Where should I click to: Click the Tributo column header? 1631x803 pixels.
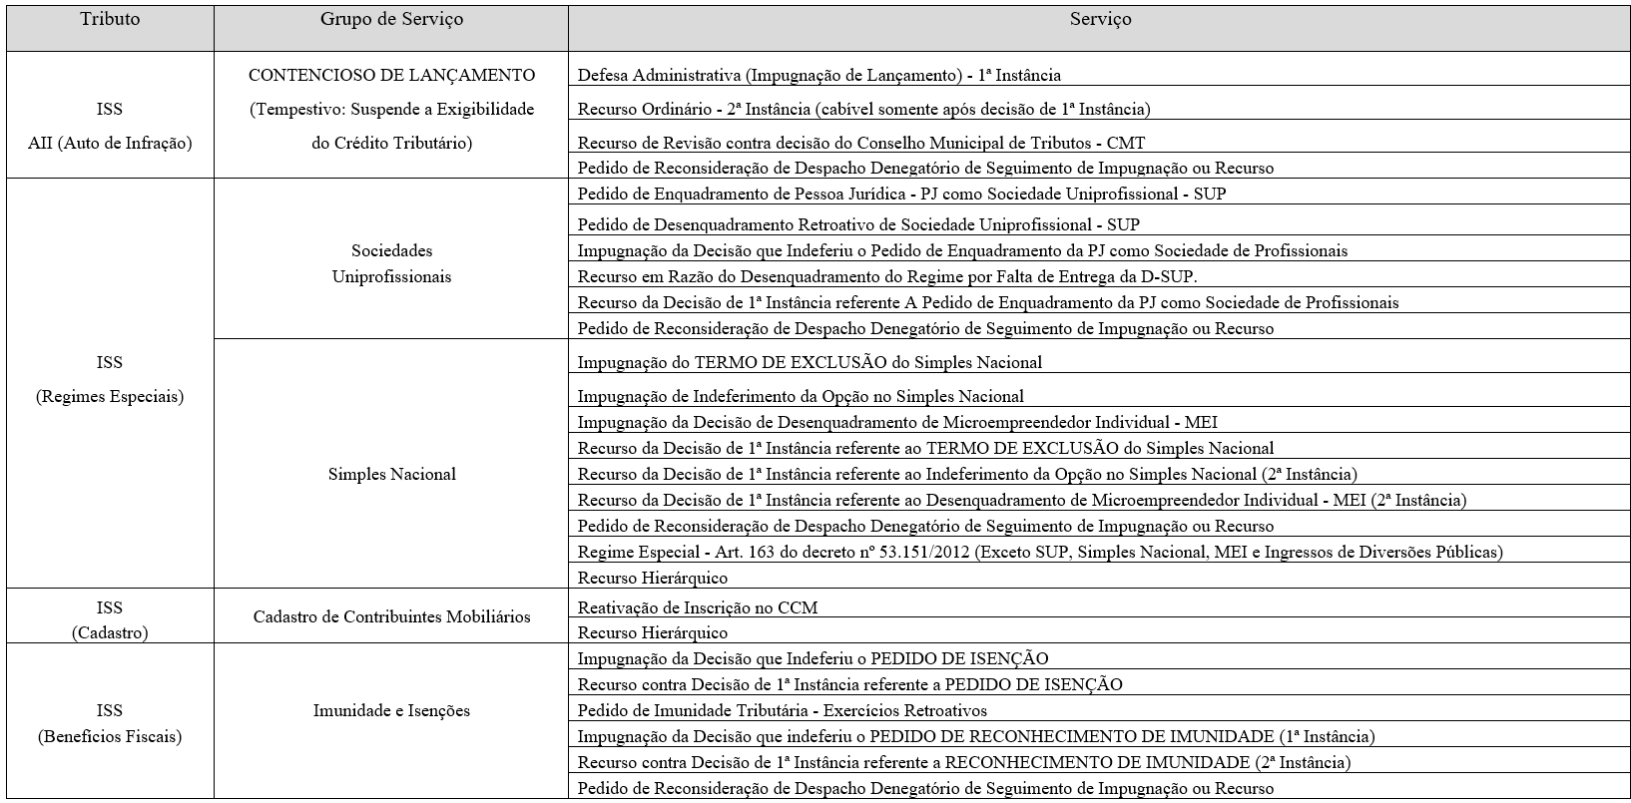point(110,20)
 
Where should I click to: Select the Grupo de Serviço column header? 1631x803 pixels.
point(391,20)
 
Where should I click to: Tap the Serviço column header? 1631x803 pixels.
point(1100,20)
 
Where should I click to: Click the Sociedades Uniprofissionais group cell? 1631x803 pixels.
point(391,263)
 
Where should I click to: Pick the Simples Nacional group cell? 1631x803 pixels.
point(391,475)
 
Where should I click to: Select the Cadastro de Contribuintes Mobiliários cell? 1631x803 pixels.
point(391,617)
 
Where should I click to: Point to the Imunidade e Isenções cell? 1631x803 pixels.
point(391,711)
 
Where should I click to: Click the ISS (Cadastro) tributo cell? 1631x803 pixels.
point(110,619)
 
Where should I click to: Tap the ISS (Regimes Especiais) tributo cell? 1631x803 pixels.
point(110,379)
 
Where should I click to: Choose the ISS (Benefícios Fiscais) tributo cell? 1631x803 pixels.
point(110,723)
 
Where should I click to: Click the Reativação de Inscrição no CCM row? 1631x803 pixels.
point(698,607)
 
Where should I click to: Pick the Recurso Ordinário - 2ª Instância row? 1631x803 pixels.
point(863,110)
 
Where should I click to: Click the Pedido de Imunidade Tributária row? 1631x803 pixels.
point(782,711)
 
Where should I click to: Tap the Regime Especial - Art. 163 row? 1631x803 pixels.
point(1039,552)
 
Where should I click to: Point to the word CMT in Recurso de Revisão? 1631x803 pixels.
point(1126,144)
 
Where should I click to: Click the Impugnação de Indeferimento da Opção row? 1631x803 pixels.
point(801,397)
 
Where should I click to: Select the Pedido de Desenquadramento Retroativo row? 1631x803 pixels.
point(858,225)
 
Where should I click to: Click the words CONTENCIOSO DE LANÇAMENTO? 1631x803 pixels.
point(391,76)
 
